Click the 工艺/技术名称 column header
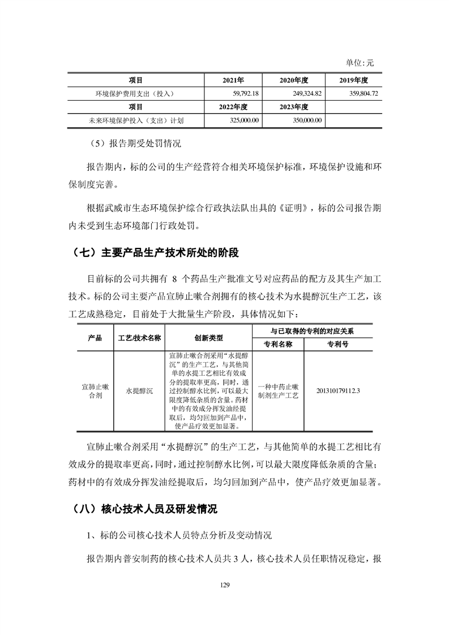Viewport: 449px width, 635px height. [x=139, y=338]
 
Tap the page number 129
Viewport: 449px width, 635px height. [x=224, y=585]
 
